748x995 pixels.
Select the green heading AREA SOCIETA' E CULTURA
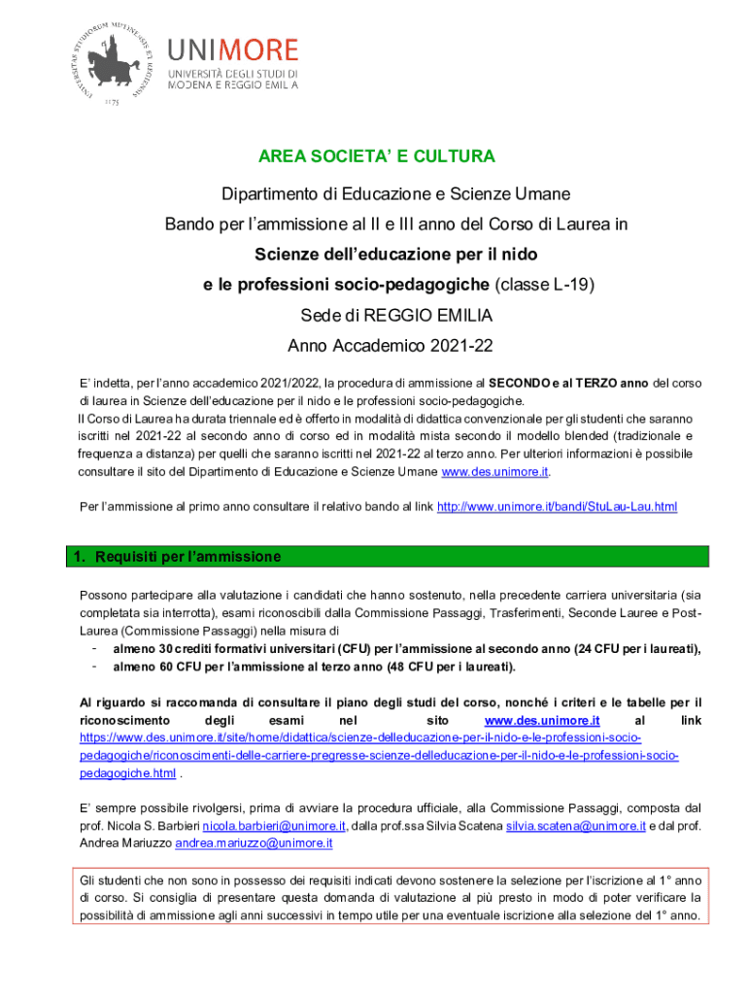[x=376, y=156]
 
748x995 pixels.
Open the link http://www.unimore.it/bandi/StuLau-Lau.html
[x=557, y=507]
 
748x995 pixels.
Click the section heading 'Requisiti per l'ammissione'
[x=192, y=557]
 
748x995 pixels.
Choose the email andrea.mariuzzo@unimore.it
[x=254, y=843]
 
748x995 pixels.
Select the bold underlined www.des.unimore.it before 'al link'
[x=541, y=720]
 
